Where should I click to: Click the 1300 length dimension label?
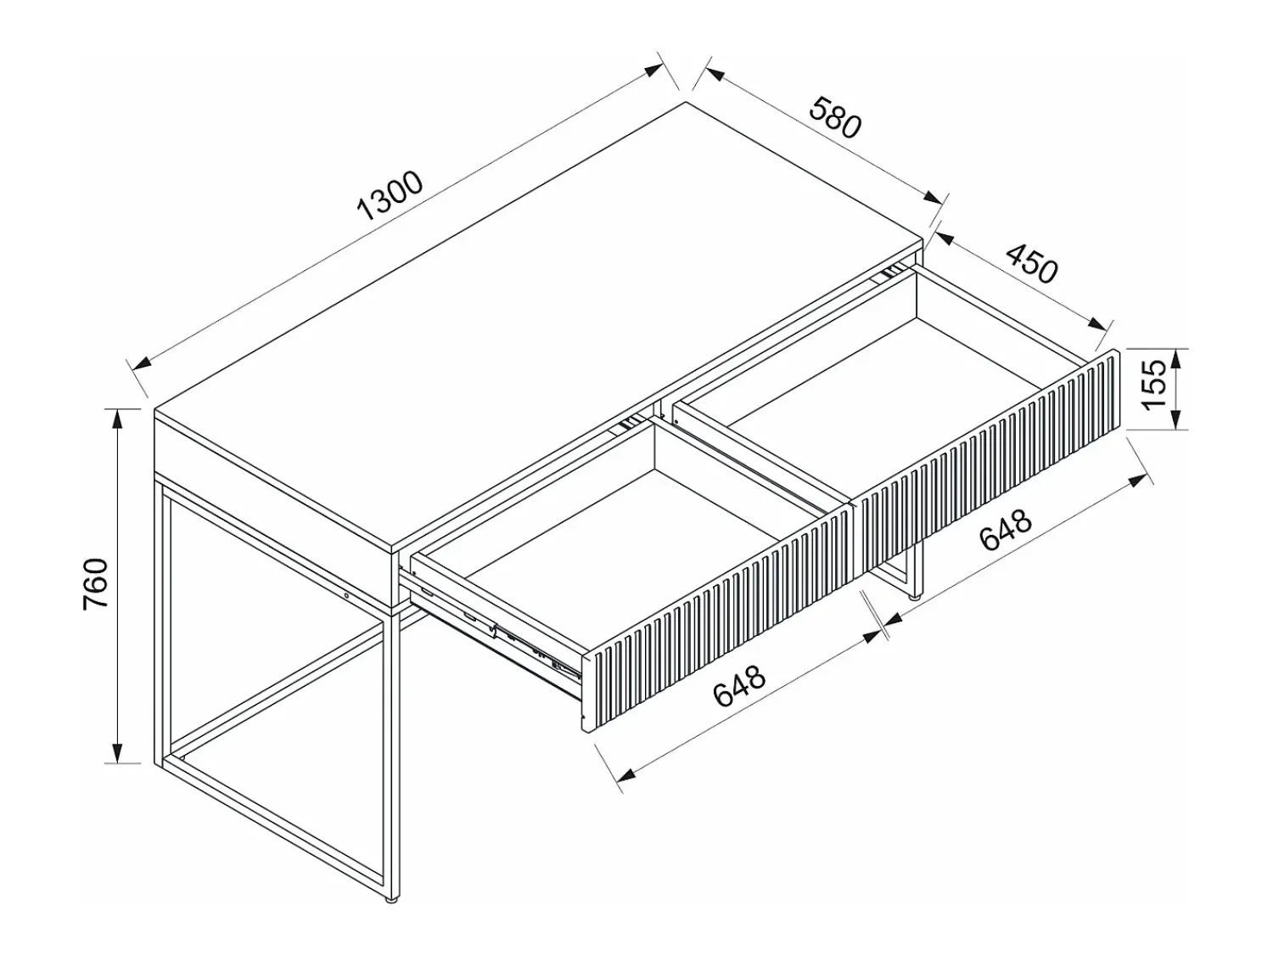[390, 195]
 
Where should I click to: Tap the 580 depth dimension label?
[835, 118]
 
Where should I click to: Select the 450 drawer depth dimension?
[1031, 263]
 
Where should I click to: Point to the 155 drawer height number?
[1152, 385]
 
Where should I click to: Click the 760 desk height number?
[96, 583]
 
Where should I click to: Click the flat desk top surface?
[540, 325]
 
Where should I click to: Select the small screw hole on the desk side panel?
[346, 595]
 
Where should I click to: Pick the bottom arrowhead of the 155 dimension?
[1176, 419]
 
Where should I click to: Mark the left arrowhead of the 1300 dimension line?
[143, 363]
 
